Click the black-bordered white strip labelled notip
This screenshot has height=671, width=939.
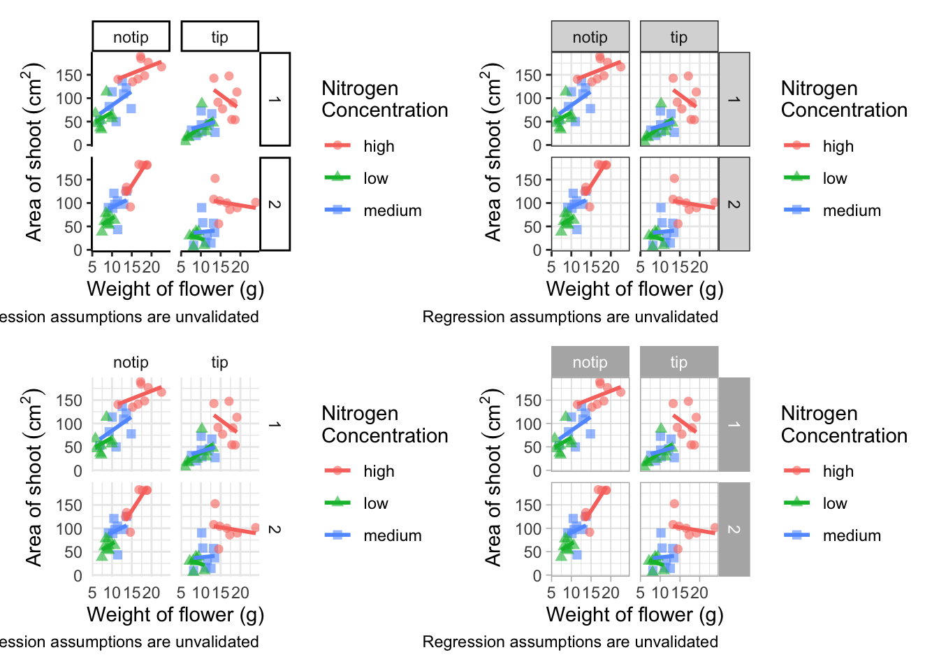coord(131,36)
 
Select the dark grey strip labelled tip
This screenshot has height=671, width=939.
coord(678,362)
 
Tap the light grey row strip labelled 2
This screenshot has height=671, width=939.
coord(734,204)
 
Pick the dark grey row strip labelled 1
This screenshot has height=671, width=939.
coord(734,424)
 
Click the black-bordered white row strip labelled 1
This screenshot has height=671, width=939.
coord(275,99)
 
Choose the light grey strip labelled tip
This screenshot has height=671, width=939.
coord(678,36)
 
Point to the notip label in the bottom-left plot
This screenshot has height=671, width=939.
coord(131,362)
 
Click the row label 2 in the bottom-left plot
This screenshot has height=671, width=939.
coord(275,529)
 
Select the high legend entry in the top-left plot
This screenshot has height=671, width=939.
coord(378,146)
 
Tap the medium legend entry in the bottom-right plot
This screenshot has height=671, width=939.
coord(851,535)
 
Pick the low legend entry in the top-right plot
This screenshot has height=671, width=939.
coord(834,178)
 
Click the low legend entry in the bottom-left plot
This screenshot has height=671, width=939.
coord(375,503)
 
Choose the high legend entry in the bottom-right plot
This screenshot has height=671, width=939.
coord(838,471)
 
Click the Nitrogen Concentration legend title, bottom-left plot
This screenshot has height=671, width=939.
coord(384,424)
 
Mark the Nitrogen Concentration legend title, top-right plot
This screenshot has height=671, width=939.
coord(844,99)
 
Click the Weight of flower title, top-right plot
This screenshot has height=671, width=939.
coord(634,289)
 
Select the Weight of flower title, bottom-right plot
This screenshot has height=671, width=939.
coord(634,614)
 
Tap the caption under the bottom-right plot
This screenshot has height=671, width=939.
coord(570,642)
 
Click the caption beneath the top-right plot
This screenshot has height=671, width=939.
coord(570,317)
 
